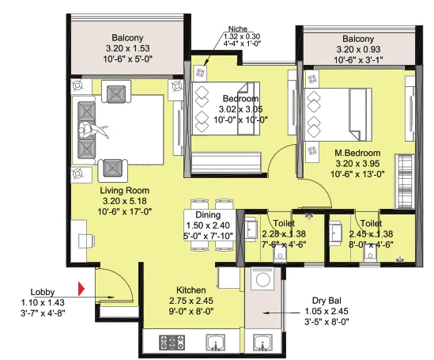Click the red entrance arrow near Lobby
pos(81,289)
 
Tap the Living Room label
pos(125,191)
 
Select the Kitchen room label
pos(191,290)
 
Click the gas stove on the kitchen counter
pos(172,343)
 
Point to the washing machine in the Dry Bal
pos(262,279)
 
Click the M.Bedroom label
pos(357,153)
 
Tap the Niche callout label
pos(238,28)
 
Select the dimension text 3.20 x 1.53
pos(127,48)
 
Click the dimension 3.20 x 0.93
pos(358,49)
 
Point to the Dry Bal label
pos(326,301)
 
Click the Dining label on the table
pos(208,215)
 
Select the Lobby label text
pos(43,292)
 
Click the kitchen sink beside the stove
pos(216,343)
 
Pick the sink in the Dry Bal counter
pos(263,343)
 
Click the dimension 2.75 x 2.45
pos(191,301)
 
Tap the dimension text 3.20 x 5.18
pos(125,201)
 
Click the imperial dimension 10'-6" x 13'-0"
pos(357,174)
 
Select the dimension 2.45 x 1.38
pos(371,234)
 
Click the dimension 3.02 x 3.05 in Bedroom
pos(241,109)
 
